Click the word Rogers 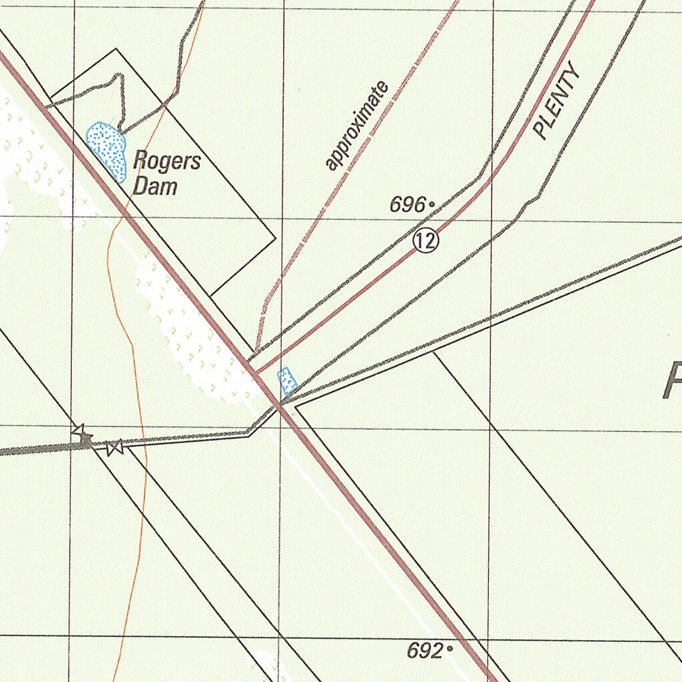[x=167, y=162]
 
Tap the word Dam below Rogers [x=155, y=186]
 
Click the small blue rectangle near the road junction [x=286, y=380]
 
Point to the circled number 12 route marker [x=426, y=240]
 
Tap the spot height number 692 [x=425, y=651]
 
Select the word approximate [x=356, y=127]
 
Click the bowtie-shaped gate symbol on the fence [x=115, y=448]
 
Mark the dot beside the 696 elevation [x=432, y=204]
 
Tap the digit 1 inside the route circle [x=422, y=240]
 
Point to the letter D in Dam [x=139, y=186]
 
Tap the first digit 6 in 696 [x=396, y=206]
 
